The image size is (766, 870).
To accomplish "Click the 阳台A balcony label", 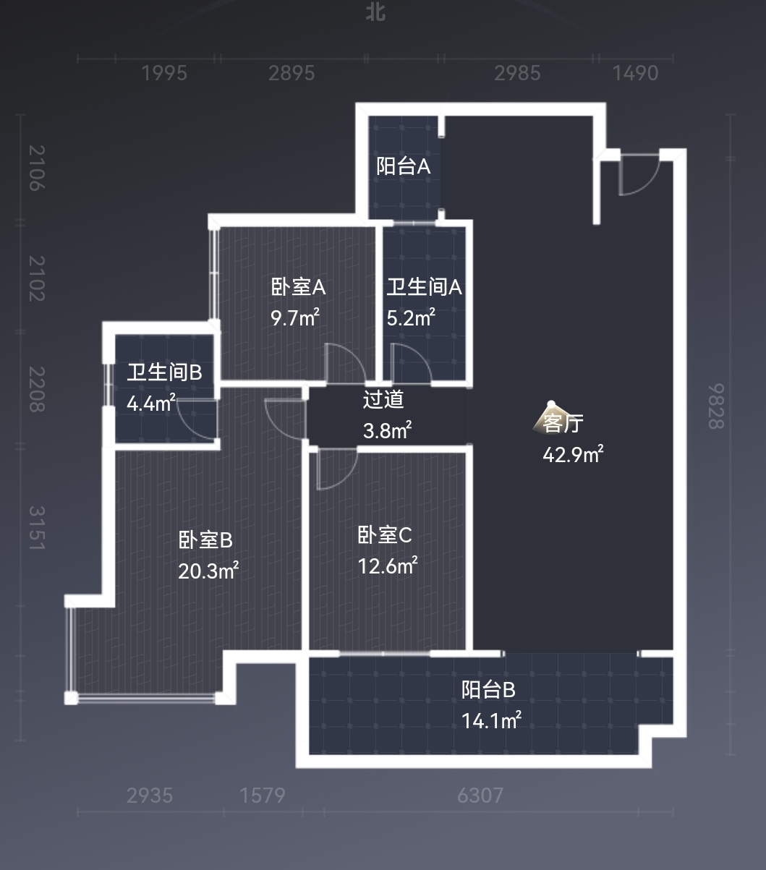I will point(403,166).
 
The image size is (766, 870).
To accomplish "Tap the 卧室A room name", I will point(298,287).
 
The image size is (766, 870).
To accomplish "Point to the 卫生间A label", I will point(424,287).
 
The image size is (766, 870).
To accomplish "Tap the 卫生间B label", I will point(164,373).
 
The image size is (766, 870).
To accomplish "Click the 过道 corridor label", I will point(383,399).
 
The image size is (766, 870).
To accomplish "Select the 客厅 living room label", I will point(563,423).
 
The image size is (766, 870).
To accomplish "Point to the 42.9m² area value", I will point(573,454).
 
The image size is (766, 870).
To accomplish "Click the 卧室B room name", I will point(205,540).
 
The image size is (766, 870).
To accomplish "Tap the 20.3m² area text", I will point(208,571).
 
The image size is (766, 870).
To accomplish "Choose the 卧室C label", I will point(385,535).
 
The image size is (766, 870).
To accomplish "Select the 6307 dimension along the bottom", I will point(480,796).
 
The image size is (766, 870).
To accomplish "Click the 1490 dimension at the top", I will point(635,73).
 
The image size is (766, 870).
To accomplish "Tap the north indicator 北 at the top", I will point(375,12).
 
